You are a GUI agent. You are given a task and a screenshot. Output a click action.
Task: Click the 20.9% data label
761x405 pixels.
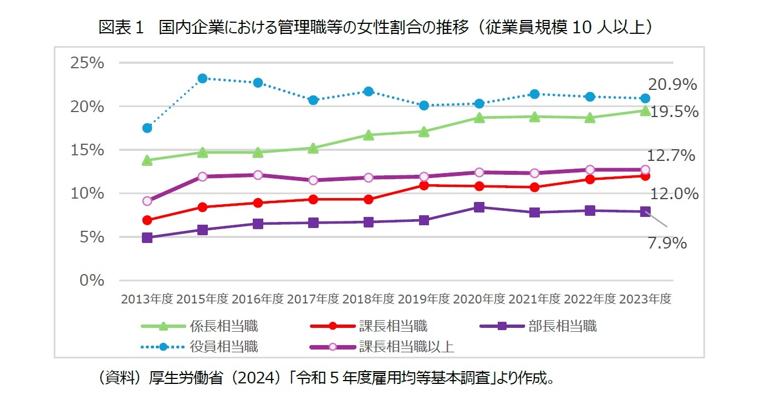click(672, 85)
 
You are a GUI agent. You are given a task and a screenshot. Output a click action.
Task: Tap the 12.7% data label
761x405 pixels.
click(671, 156)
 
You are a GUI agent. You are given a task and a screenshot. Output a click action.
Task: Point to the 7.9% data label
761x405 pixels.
click(667, 243)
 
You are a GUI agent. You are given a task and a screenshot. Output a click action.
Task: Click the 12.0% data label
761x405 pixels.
click(675, 194)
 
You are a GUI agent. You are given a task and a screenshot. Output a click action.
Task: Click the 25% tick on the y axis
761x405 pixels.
click(87, 63)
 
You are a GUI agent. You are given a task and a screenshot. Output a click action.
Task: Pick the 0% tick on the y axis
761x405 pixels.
click(91, 280)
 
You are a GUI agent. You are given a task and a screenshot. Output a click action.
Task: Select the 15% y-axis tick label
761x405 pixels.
click(87, 150)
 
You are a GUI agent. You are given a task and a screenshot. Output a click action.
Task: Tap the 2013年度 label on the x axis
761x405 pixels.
click(147, 299)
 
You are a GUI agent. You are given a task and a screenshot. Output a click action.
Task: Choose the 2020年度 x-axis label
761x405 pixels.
click(479, 299)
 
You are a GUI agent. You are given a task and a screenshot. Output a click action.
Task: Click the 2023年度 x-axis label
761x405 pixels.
click(645, 299)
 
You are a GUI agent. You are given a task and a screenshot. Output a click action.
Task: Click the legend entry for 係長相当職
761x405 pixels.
click(223, 326)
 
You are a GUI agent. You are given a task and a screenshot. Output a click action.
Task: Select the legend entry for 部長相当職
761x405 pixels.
click(562, 326)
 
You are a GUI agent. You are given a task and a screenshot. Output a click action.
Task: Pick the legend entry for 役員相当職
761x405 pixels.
click(223, 347)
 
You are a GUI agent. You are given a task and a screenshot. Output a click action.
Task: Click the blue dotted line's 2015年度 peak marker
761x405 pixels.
click(202, 78)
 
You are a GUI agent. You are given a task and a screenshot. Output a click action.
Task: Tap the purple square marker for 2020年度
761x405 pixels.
click(479, 207)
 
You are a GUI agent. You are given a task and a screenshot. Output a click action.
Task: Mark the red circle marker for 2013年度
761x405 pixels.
click(147, 220)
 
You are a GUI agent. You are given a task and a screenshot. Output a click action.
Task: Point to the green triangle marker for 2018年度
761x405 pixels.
click(369, 135)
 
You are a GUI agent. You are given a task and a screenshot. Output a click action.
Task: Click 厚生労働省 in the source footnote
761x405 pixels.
click(180, 379)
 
